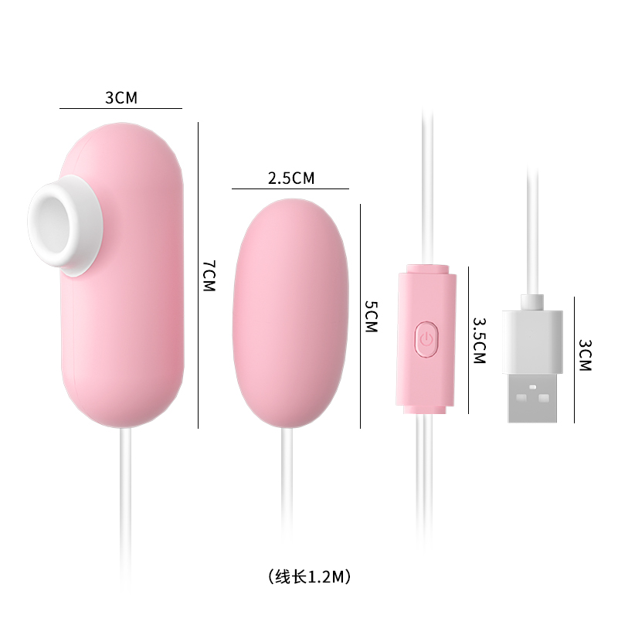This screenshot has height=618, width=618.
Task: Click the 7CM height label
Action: (x=209, y=275)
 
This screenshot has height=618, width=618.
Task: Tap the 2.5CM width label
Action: (x=291, y=178)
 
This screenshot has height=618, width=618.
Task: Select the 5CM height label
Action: (x=371, y=316)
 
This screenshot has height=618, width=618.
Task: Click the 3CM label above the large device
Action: (x=121, y=98)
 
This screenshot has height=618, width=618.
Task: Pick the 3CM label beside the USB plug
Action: (x=584, y=355)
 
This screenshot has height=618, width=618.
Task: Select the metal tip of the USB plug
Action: (x=532, y=397)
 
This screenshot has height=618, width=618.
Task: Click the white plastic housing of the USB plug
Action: (x=532, y=340)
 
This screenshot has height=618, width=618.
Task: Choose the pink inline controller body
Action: (x=424, y=363)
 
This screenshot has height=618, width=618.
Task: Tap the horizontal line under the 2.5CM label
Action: (x=290, y=188)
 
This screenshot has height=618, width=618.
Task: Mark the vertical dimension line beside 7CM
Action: (x=199, y=275)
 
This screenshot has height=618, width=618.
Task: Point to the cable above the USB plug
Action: (x=531, y=232)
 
